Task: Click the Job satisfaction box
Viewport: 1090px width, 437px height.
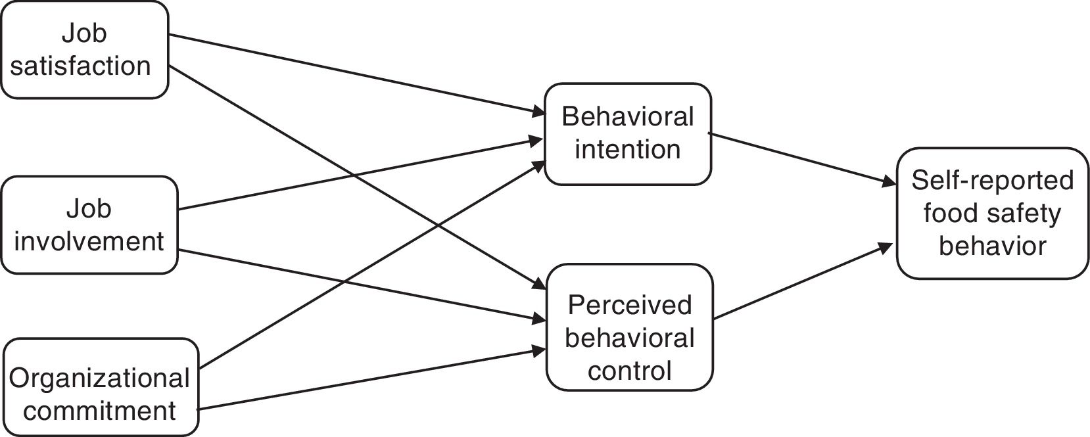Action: coord(85,50)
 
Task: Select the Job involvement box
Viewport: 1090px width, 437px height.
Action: coord(89,225)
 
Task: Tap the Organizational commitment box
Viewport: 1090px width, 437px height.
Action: coord(101,387)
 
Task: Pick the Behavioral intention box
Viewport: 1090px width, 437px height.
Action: coord(628,134)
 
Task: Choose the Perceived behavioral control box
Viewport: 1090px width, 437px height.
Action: coord(630,327)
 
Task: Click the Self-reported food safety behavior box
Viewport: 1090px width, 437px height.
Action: coord(993,213)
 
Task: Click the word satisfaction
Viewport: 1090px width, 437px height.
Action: coord(80,66)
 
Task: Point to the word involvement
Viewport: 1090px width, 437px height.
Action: coord(89,241)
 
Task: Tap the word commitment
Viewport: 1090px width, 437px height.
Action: coord(99,411)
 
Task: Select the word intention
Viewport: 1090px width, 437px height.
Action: coord(628,149)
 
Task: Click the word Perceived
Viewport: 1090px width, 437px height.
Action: coord(630,306)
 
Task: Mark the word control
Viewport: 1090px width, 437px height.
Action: coord(630,371)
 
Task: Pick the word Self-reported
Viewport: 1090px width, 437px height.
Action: coord(993,181)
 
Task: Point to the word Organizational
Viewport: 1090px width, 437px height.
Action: coord(99,379)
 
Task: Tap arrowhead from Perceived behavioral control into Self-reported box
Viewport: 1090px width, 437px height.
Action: coord(886,246)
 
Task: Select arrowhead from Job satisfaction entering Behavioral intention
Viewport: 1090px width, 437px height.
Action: coord(538,112)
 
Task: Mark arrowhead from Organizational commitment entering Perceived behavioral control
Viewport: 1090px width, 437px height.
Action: coord(538,351)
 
